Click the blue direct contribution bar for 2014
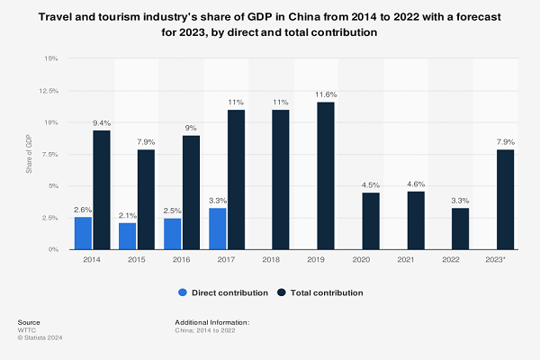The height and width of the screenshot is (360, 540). [x=83, y=233]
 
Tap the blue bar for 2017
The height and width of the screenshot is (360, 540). [x=217, y=229]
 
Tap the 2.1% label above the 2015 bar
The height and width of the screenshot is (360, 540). [x=129, y=214]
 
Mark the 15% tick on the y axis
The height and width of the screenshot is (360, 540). [x=50, y=58]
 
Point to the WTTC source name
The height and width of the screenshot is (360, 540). [x=27, y=329]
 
